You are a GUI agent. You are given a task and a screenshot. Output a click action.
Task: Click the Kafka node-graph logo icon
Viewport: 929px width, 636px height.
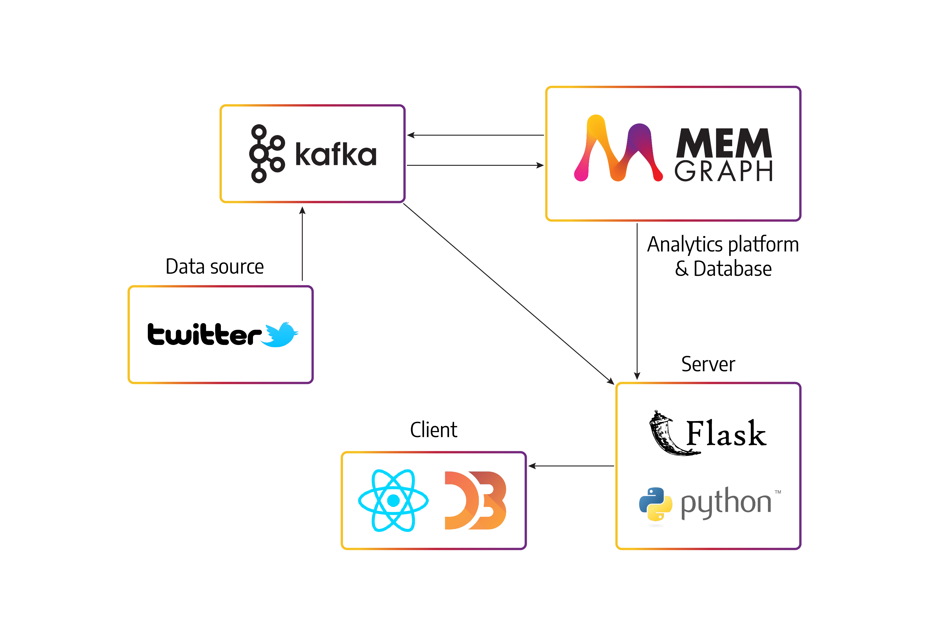(x=267, y=154)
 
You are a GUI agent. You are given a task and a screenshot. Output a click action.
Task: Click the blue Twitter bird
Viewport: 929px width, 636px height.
(x=281, y=334)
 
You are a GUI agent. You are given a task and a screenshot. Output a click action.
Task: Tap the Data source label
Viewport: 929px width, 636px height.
(x=215, y=266)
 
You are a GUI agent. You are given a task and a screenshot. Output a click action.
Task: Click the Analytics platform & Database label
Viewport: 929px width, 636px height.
(x=723, y=256)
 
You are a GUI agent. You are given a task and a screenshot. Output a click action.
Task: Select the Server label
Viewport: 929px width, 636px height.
(x=708, y=364)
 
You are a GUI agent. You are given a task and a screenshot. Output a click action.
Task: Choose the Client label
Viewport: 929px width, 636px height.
(x=434, y=430)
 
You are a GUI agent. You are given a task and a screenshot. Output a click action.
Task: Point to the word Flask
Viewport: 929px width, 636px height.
(x=726, y=433)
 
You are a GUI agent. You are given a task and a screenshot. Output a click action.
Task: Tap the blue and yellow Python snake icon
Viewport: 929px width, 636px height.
(x=655, y=504)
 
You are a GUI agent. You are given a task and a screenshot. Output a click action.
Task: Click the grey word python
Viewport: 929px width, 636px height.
(x=726, y=503)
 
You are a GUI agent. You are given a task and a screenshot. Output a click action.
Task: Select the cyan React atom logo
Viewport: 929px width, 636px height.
(x=393, y=500)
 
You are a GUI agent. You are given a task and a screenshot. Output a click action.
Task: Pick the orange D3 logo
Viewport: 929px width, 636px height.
(x=475, y=500)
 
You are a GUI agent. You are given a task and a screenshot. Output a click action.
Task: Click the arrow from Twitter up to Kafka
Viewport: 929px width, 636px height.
(x=302, y=244)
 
